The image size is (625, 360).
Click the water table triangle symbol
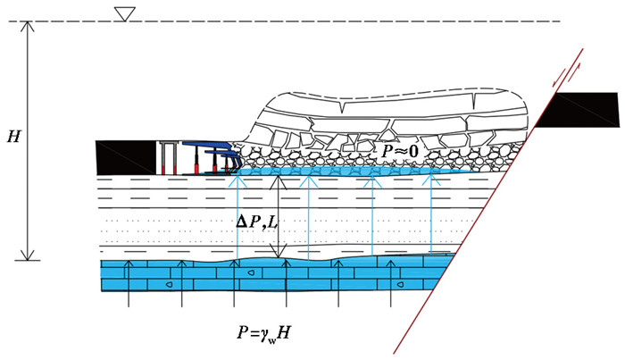click(x=125, y=12)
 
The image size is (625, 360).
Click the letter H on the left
click(x=12, y=137)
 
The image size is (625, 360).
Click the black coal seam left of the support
click(x=125, y=156)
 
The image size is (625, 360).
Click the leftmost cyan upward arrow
click(x=234, y=214)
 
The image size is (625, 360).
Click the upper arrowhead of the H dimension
click(x=29, y=25)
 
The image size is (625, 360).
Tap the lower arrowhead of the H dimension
click(x=29, y=256)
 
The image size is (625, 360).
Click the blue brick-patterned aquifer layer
click(x=268, y=277)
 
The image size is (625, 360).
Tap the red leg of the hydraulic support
click(x=192, y=166)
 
